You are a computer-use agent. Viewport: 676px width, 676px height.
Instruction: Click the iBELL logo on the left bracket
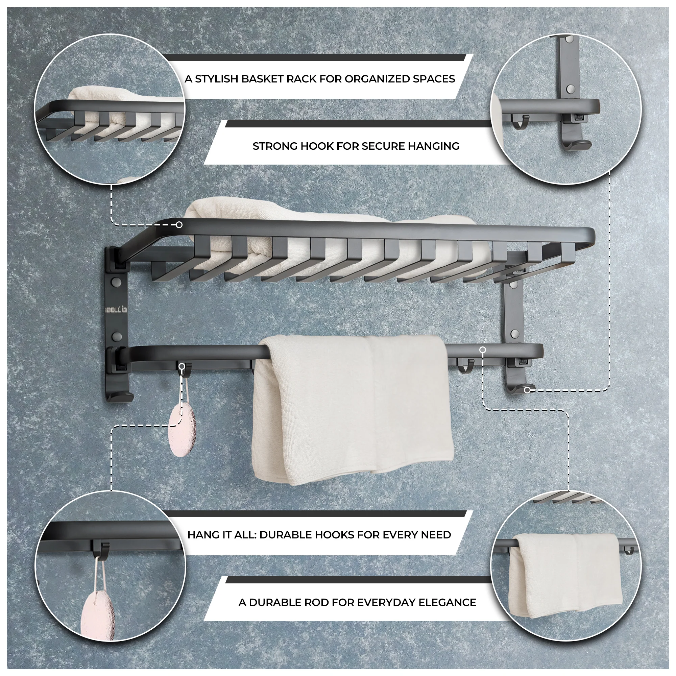click(117, 310)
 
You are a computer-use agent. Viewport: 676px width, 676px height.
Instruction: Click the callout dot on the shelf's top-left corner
click(179, 225)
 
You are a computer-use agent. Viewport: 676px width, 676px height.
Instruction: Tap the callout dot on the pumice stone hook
click(182, 366)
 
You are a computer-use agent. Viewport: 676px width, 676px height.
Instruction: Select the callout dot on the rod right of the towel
click(483, 350)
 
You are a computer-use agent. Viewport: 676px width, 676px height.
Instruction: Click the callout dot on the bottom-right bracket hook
click(527, 390)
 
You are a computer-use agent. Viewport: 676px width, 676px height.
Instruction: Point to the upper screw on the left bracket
click(116, 281)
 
